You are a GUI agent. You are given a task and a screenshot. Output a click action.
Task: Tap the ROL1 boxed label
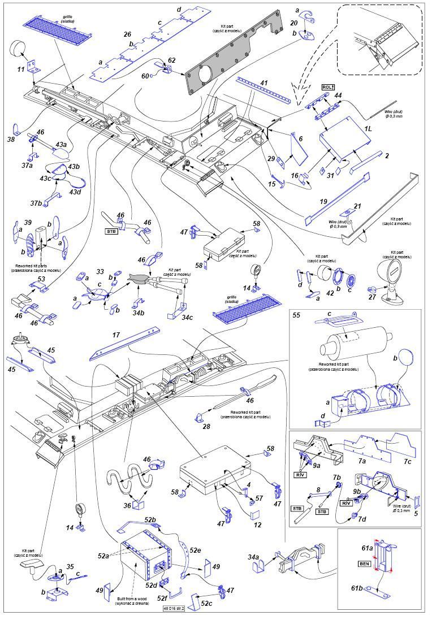pyautogui.click(x=328, y=86)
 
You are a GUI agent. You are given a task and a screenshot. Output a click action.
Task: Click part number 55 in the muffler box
pyautogui.click(x=296, y=316)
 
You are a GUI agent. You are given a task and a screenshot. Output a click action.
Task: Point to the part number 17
pyautogui.click(x=116, y=336)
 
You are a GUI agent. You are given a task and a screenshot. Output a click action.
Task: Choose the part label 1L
pyautogui.click(x=368, y=129)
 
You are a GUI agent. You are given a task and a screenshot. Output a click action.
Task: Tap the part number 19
pyautogui.click(x=323, y=201)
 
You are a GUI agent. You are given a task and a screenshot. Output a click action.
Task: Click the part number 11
pyautogui.click(x=21, y=70)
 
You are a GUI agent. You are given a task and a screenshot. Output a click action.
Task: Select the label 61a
pyautogui.click(x=368, y=548)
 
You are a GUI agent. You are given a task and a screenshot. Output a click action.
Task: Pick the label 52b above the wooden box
pyautogui.click(x=150, y=519)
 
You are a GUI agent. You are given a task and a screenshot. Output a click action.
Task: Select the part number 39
pyautogui.click(x=28, y=224)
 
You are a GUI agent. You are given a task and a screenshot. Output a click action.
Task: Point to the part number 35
pyautogui.click(x=70, y=566)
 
